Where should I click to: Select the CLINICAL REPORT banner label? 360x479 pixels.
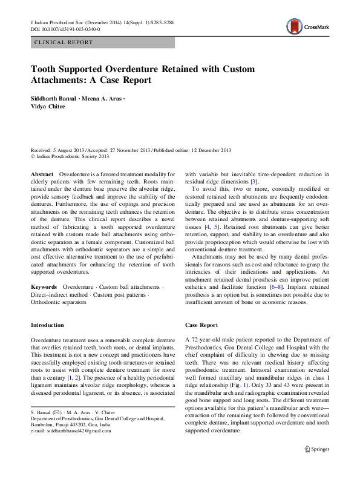[64, 42]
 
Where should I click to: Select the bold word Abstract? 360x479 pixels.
[42, 174]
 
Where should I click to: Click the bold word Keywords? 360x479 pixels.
[44, 286]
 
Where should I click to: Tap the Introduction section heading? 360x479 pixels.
[47, 325]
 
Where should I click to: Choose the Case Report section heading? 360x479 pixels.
[201, 325]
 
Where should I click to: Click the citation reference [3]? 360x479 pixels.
[255, 182]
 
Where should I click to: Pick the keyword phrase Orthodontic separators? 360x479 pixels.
[58, 300]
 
